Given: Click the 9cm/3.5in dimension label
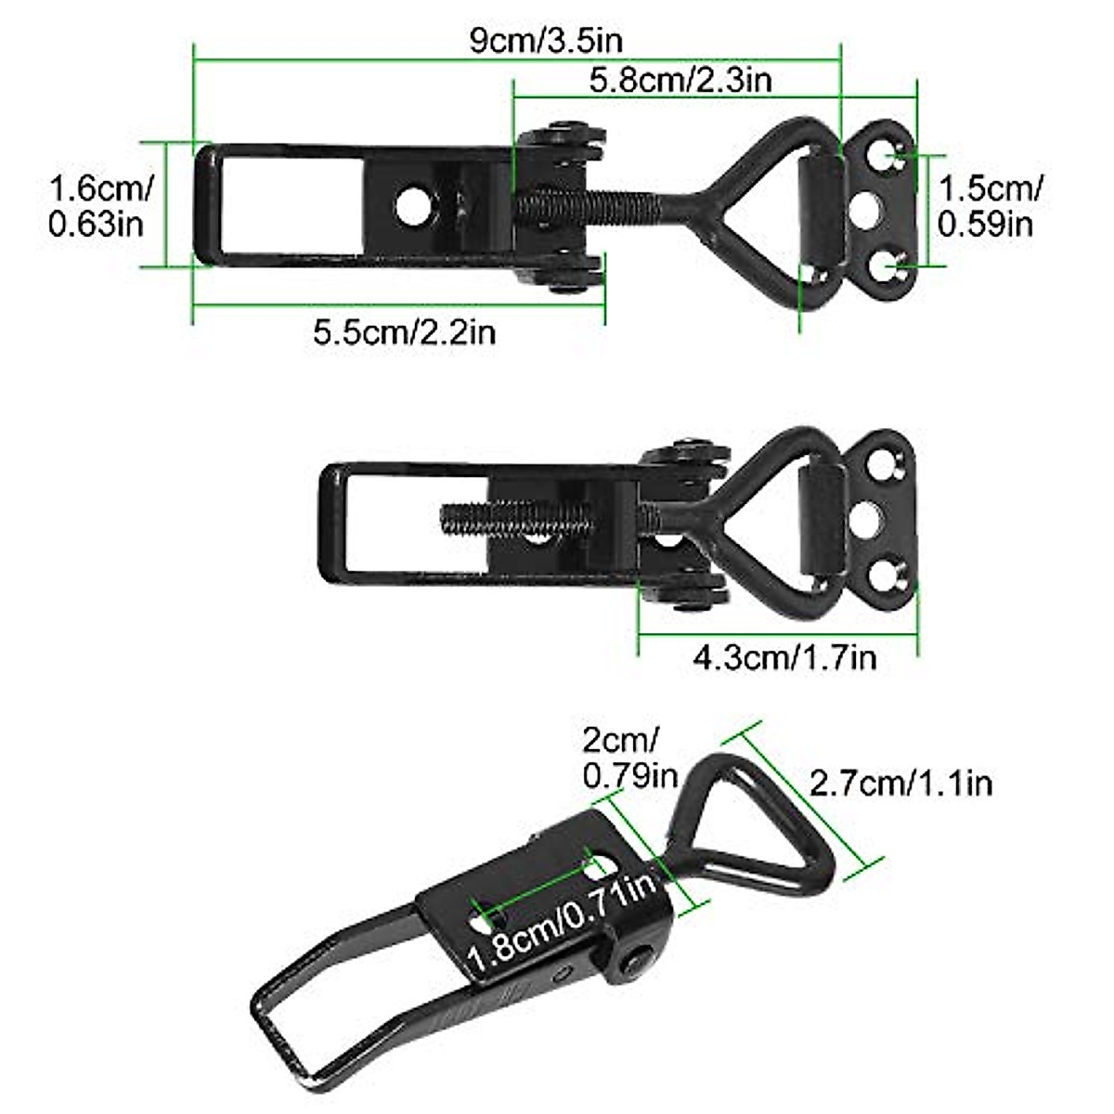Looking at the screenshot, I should pyautogui.click(x=547, y=42).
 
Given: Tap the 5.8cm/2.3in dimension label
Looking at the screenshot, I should pyautogui.click(x=681, y=80).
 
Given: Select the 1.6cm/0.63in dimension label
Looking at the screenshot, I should pyautogui.click(x=98, y=205).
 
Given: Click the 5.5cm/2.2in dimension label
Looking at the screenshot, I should pyautogui.click(x=404, y=331).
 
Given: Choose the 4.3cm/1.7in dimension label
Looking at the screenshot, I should pyautogui.click(x=784, y=657).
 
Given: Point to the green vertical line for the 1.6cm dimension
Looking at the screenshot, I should pyautogui.click(x=167, y=205).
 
